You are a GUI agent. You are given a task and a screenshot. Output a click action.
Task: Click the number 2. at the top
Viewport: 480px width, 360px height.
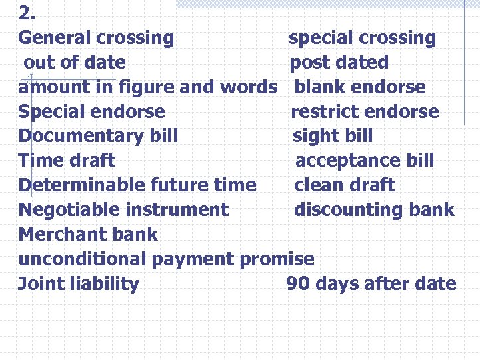(x=27, y=13)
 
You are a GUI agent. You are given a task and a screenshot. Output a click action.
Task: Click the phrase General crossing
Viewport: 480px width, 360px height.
(x=96, y=38)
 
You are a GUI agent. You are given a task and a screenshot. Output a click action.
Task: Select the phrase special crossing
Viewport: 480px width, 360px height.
(x=362, y=38)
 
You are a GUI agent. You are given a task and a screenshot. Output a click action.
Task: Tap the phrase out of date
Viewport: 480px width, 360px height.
(x=75, y=63)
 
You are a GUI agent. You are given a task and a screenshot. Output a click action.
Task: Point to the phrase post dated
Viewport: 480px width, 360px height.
(x=339, y=63)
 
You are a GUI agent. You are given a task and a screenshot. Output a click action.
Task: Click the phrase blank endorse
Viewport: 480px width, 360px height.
(x=359, y=87)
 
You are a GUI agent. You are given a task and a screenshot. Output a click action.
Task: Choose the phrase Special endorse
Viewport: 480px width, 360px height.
(x=91, y=112)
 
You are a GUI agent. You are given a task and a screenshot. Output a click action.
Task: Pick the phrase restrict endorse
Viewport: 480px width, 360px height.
(x=365, y=112)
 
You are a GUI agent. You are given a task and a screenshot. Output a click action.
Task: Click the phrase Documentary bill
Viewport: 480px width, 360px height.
(x=98, y=136)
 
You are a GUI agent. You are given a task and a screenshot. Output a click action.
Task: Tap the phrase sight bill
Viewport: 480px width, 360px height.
(x=333, y=136)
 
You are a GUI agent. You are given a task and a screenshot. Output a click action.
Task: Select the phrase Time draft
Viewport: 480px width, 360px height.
(x=67, y=161)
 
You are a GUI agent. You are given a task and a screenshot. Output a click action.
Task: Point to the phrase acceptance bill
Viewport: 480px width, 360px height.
(x=365, y=161)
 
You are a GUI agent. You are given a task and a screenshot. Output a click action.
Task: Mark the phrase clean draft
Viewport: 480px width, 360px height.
(x=345, y=185)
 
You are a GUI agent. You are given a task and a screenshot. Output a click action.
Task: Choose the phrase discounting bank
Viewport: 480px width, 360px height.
(x=374, y=210)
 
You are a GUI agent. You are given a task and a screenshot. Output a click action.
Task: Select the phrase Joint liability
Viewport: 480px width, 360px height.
(x=79, y=284)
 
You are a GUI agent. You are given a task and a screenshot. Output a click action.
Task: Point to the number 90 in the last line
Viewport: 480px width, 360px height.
(x=298, y=284)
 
